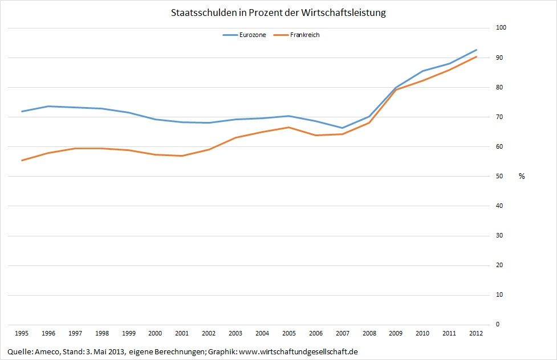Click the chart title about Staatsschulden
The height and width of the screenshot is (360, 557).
click(278, 12)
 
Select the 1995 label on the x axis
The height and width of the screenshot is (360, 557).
click(22, 333)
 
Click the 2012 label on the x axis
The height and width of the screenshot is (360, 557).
click(477, 333)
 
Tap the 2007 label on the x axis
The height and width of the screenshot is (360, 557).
click(343, 333)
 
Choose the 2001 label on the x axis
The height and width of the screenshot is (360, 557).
click(182, 333)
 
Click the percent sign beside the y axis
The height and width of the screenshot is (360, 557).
click(522, 176)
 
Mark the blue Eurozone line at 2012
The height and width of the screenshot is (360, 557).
click(477, 50)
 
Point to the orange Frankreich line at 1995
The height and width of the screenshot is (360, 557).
click(22, 160)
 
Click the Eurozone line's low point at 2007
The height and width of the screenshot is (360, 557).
click(343, 128)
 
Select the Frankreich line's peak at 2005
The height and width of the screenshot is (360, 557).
click(289, 127)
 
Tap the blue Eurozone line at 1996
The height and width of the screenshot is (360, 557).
click(48, 106)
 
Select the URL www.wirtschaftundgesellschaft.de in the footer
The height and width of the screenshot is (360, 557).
click(298, 351)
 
